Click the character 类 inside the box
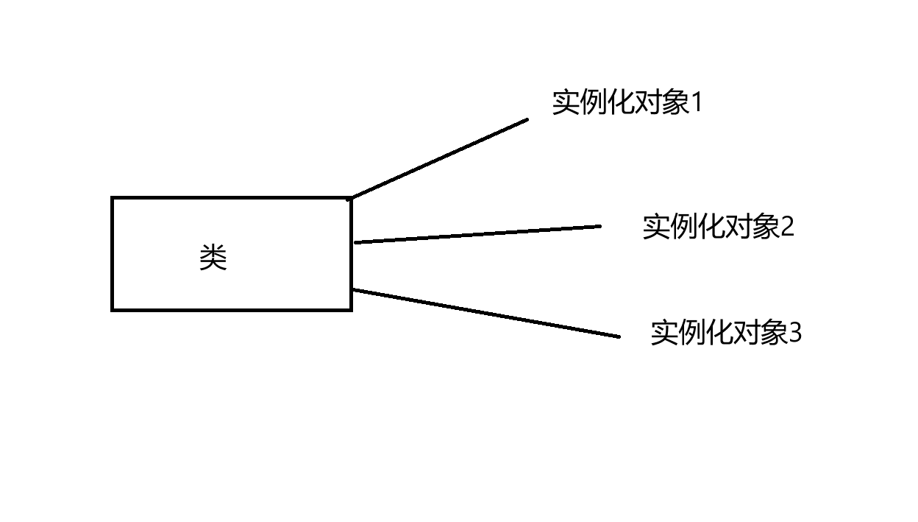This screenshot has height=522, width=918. click(x=213, y=258)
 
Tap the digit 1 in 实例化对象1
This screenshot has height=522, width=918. click(x=696, y=103)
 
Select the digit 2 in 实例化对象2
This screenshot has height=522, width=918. click(x=787, y=227)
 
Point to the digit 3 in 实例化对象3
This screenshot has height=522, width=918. click(x=794, y=334)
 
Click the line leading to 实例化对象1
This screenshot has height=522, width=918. click(x=440, y=159)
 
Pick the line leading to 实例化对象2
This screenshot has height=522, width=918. click(x=478, y=234)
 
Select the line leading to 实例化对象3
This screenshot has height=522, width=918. click(x=485, y=314)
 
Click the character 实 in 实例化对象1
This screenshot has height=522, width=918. click(x=566, y=103)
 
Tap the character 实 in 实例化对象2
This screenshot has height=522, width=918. click(x=656, y=227)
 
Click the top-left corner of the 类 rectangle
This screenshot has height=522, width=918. click(x=113, y=198)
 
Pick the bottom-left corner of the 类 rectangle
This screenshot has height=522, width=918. click(x=113, y=310)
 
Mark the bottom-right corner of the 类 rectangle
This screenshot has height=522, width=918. click(x=351, y=310)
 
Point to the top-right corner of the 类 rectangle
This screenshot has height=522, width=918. click(x=351, y=198)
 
